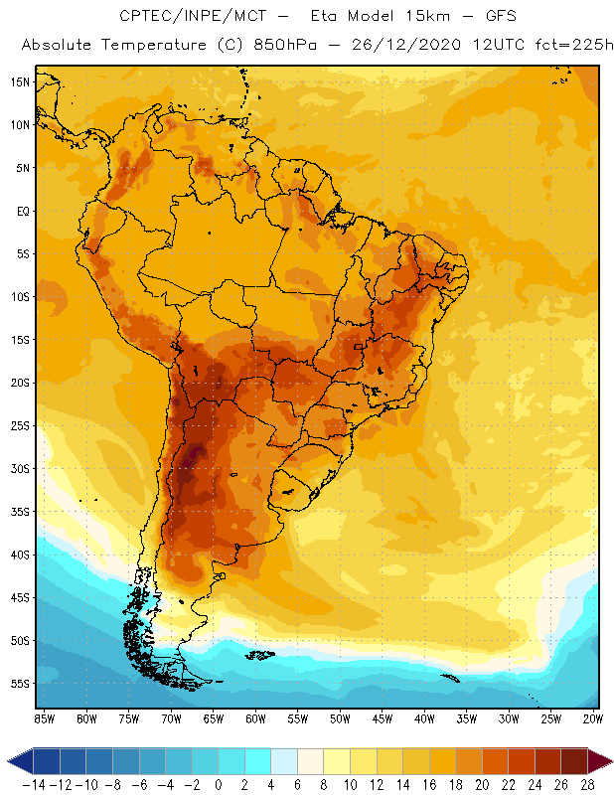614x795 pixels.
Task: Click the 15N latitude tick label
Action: (20, 81)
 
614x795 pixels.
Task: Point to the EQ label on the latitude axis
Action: (22, 211)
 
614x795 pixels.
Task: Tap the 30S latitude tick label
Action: (20, 468)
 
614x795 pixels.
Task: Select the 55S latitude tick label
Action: (20, 684)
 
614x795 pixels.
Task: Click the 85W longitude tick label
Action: (44, 717)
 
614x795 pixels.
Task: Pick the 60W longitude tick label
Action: (255, 717)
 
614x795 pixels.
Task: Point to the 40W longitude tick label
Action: (424, 717)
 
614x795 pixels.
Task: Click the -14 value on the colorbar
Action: (35, 785)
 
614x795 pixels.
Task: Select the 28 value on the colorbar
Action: (587, 785)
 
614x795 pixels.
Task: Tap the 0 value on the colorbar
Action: (219, 785)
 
